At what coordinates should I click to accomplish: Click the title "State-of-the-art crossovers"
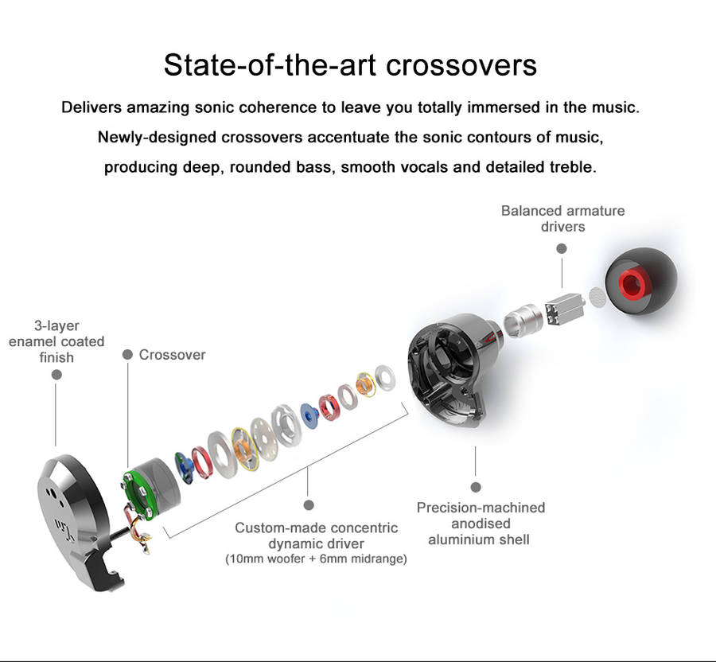(x=350, y=64)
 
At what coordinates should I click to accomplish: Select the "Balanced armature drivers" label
(x=562, y=219)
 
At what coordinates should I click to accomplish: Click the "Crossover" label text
(x=172, y=355)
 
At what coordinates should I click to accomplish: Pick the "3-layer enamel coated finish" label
(x=56, y=341)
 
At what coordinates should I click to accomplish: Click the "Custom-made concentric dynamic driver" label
(x=316, y=535)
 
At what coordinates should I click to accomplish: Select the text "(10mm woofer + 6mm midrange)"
(x=316, y=559)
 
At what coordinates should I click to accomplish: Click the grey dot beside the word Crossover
(x=127, y=355)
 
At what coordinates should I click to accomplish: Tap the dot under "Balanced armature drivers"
(x=562, y=248)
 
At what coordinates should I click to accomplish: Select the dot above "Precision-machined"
(x=476, y=487)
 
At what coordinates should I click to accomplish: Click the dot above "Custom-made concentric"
(x=309, y=504)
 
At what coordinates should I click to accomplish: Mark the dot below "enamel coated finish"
(x=56, y=374)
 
